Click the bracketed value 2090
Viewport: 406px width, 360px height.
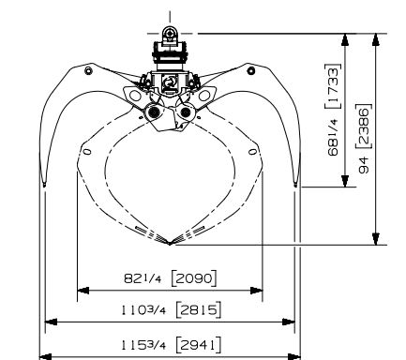(194, 277)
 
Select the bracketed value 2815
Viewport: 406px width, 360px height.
(199, 309)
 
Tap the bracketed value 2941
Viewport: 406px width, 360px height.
(199, 345)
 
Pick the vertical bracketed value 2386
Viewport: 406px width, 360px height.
(364, 126)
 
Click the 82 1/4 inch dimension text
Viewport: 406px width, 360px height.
(143, 278)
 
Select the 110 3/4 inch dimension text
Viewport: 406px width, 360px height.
(143, 310)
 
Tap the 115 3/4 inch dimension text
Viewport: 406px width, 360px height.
(143, 345)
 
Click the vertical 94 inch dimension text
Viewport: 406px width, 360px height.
(364, 165)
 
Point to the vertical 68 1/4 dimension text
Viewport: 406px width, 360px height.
(334, 137)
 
